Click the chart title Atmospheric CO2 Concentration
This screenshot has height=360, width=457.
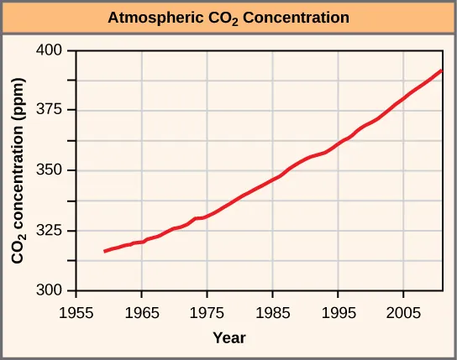[228, 18]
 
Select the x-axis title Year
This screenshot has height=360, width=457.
[228, 337]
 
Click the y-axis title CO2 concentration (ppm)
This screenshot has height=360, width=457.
[18, 171]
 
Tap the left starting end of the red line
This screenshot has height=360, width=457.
[105, 251]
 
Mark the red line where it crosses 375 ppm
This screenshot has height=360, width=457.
[391, 109]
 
